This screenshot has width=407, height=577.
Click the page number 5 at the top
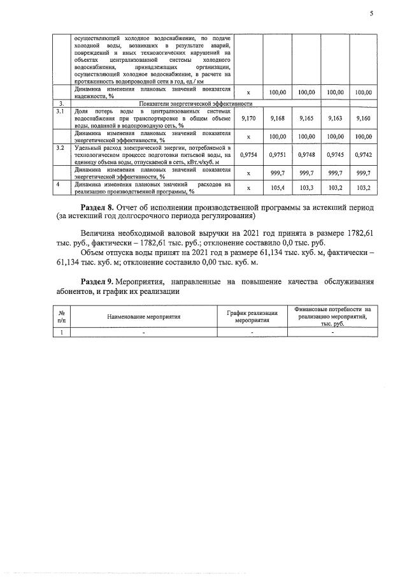371,13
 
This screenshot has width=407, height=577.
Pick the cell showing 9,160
363,119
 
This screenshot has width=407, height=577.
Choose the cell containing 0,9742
363,154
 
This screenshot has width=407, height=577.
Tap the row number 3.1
61,112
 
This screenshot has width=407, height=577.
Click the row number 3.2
61,148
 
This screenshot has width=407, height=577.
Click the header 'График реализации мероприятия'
252,316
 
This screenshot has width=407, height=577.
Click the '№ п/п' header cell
62,316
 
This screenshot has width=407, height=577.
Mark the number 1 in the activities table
62,332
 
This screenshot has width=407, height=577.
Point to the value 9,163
335,119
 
